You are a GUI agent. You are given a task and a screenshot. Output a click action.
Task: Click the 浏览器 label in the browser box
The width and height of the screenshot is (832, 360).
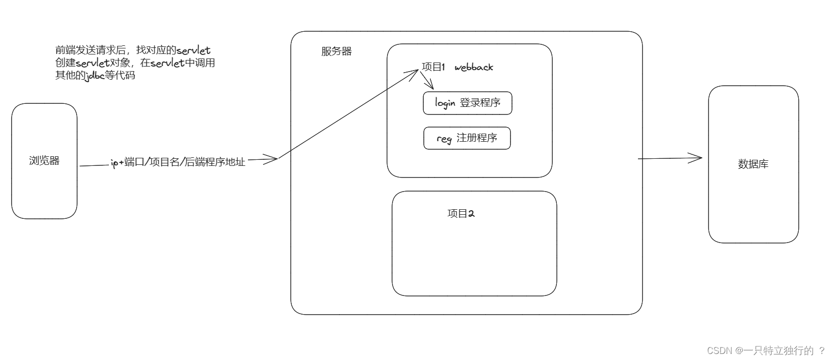click(x=44, y=161)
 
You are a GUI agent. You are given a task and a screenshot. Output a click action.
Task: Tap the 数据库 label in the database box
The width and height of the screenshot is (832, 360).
click(x=753, y=164)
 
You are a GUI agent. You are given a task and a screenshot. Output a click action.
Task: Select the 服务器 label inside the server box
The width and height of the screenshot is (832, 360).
click(x=336, y=51)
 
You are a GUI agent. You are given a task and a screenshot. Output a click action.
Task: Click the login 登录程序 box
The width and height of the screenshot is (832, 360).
click(x=467, y=103)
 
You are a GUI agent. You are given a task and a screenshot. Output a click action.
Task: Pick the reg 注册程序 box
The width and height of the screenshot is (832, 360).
click(x=467, y=138)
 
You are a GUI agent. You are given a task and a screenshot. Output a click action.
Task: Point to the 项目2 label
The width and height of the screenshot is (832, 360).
click(x=461, y=213)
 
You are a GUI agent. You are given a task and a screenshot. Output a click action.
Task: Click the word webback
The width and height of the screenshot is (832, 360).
click(x=474, y=68)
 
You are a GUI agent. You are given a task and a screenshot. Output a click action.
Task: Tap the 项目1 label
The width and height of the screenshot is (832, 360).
click(x=433, y=67)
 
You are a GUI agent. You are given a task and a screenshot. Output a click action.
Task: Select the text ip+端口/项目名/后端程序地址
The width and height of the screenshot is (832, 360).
click(x=178, y=162)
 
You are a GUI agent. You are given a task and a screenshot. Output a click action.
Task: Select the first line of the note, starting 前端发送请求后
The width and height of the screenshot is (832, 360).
click(x=133, y=50)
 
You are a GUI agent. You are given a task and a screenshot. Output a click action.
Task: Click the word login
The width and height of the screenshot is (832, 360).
click(x=445, y=103)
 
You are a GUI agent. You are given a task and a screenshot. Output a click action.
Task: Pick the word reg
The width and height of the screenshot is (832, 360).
click(x=443, y=139)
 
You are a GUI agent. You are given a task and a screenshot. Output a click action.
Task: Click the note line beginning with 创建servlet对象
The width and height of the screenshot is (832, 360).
click(x=135, y=63)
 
